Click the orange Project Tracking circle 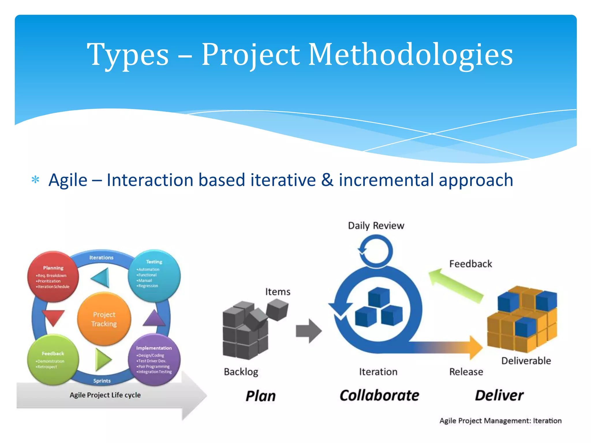point(104,319)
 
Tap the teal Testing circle point(154,276)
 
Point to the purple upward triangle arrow point(154,319)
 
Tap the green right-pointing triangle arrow point(102,359)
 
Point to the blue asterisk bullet point(35,180)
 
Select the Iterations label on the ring point(101,258)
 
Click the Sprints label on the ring point(102,381)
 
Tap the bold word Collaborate point(379,395)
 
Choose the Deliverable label point(526,361)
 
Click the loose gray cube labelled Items point(277,309)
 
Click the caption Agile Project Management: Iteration point(500,421)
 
